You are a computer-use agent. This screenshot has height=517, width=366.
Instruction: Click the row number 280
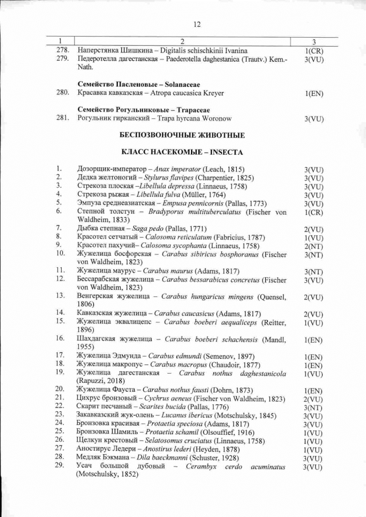point(63,93)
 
